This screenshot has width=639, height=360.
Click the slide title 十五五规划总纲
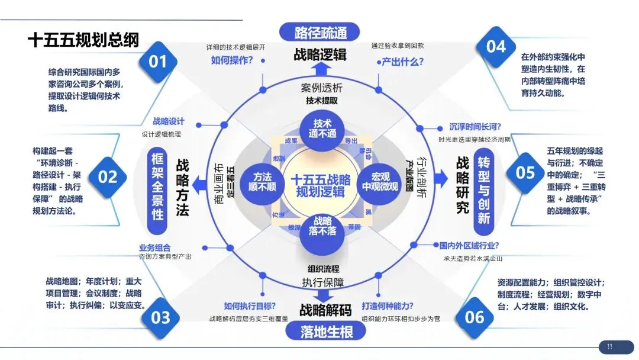click(83, 40)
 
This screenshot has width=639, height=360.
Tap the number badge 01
click(158, 61)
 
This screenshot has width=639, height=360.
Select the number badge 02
click(108, 176)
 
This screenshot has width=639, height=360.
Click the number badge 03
click(160, 317)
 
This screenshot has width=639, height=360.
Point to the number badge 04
click(496, 46)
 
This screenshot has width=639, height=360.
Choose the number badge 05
click(525, 172)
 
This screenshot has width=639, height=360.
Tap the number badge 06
click(474, 317)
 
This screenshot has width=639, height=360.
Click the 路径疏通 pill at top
click(320, 31)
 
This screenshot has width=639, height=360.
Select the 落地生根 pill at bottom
click(319, 332)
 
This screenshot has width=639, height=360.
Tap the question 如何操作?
click(232, 60)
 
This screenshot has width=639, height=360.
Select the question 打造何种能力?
click(388, 306)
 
